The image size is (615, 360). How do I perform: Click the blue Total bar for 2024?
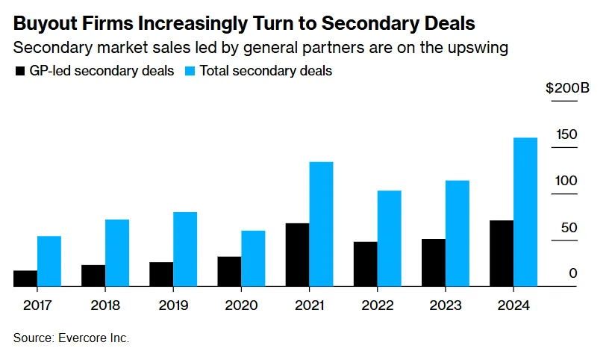coord(525,212)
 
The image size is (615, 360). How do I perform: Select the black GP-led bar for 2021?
coord(297,255)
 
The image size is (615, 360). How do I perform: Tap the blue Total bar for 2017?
coord(49,261)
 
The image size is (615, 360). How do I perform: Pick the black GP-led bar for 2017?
coord(25,279)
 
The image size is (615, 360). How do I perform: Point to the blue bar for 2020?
coord(253,258)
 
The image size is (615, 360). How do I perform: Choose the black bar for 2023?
coord(433,263)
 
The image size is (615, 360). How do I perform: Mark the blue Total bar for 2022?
coord(389,238)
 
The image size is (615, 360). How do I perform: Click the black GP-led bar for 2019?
coord(161,274)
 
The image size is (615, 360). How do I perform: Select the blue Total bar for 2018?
coord(117,252)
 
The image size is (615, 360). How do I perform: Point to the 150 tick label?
coord(567,134)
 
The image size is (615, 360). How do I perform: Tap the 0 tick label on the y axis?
coord(572,273)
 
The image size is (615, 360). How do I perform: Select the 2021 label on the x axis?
coord(309,305)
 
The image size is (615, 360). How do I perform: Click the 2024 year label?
coord(513,305)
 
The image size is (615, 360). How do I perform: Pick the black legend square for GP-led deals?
coord(19,72)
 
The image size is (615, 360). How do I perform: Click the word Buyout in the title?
coord(44,24)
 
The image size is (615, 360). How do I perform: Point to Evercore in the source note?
coord(81,338)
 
